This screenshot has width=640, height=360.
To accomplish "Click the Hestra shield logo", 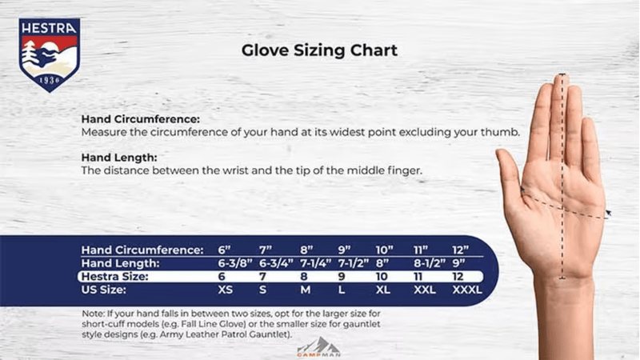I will click(50, 54).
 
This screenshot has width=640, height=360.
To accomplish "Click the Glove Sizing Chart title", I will click(319, 50).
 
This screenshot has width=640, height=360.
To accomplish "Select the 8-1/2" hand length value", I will click(429, 263).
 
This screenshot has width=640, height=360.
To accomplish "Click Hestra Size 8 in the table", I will click(305, 276).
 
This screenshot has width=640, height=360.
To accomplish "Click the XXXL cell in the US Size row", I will click(466, 290).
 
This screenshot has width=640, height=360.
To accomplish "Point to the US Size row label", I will click(106, 290).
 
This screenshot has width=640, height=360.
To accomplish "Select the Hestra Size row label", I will click(117, 276).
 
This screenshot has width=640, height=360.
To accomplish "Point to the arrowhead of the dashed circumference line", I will click(609, 214).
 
